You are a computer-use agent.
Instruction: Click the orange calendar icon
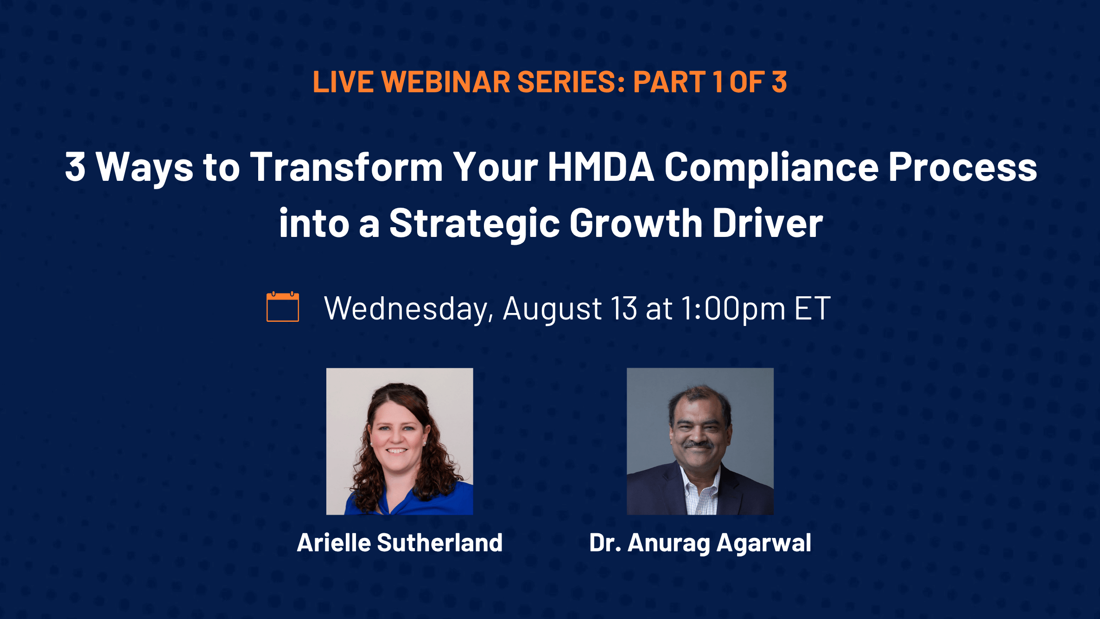[283, 306]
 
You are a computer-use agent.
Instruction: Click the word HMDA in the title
[601, 166]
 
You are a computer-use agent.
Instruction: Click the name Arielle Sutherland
[400, 542]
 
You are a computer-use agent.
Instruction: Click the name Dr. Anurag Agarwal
[700, 543]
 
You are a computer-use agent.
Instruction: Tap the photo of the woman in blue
[400, 441]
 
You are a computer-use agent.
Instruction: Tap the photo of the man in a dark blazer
[700, 441]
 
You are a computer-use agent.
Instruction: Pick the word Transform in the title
[346, 166]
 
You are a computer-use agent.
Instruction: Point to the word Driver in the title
[768, 223]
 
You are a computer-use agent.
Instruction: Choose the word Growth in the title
[636, 223]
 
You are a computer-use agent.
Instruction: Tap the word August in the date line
[552, 309]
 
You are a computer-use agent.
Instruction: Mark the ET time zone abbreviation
[813, 308]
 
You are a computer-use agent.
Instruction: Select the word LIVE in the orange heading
[343, 82]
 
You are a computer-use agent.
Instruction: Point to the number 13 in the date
[624, 308]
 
